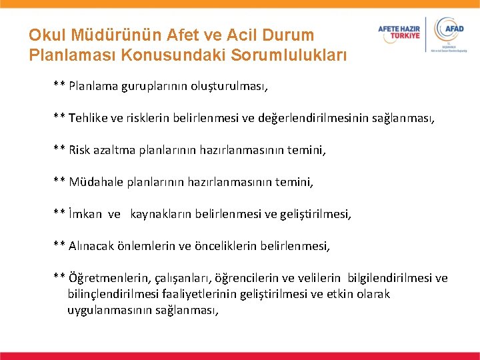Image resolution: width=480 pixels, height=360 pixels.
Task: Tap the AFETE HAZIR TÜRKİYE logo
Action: pos(399,32)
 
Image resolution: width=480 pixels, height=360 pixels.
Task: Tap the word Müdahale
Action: pos(93,181)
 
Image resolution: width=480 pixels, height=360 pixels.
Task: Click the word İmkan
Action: pos(85,213)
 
